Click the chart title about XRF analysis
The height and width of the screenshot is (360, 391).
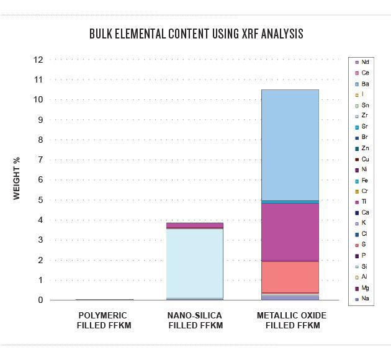coord(195,34)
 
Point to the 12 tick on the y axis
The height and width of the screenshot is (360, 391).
coord(38,60)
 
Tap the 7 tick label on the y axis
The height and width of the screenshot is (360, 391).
coord(40,160)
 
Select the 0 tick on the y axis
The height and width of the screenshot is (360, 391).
coord(40,300)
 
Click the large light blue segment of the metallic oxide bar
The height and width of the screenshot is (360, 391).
coord(290,145)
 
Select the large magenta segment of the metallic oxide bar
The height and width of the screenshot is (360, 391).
coord(290,231)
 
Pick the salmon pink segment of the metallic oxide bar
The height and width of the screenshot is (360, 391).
coord(290,276)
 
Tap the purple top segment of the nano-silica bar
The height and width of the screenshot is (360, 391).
coord(194,225)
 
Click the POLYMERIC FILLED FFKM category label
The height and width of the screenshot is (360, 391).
coord(104,321)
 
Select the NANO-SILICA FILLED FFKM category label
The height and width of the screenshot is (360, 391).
coord(195,321)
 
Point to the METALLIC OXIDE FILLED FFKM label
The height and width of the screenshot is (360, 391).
coord(291,321)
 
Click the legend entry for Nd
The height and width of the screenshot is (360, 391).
coord(362,62)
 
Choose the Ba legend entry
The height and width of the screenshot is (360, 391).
coord(362,84)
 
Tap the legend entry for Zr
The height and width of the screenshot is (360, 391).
coord(362,116)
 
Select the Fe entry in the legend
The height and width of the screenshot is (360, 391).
coord(362,181)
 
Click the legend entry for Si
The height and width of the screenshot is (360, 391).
coord(362,266)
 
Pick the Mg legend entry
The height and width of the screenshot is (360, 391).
coord(362,288)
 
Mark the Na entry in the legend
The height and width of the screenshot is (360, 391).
coord(362,299)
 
